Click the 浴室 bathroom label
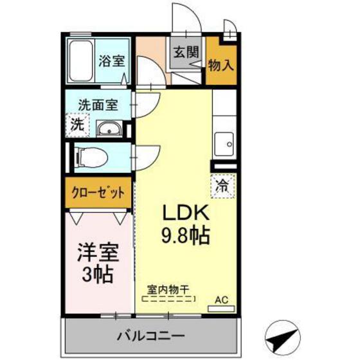click(112, 61)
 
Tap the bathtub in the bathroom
click(81, 61)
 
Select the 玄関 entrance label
click(186, 52)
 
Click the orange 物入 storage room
click(221, 62)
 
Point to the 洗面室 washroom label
click(98, 105)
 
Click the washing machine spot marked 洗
click(77, 125)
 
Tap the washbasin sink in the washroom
click(109, 128)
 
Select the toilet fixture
click(91, 157)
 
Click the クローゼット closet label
click(98, 193)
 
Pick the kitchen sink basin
click(224, 145)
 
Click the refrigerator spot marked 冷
click(223, 186)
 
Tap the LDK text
click(186, 213)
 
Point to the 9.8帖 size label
click(186, 236)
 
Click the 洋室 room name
click(98, 253)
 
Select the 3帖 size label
click(98, 274)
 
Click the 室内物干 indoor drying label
click(168, 290)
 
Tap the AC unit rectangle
click(221, 309)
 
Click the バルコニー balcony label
click(151, 337)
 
